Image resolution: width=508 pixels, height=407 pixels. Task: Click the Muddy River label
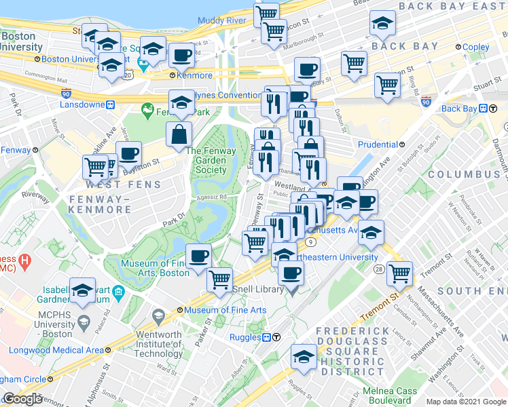(x=221, y=20)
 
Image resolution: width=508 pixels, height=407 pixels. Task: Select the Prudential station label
(x=378, y=144)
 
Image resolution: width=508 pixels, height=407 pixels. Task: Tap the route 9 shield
(x=311, y=241)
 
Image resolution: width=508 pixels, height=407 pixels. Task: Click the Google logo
(x=22, y=399)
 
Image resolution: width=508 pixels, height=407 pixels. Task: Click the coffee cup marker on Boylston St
(x=128, y=153)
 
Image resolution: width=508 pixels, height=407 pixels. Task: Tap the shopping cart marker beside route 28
(x=401, y=273)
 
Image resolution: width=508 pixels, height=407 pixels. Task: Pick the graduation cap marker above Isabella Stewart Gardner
(x=82, y=292)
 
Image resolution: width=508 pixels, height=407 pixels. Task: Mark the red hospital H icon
(x=24, y=260)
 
